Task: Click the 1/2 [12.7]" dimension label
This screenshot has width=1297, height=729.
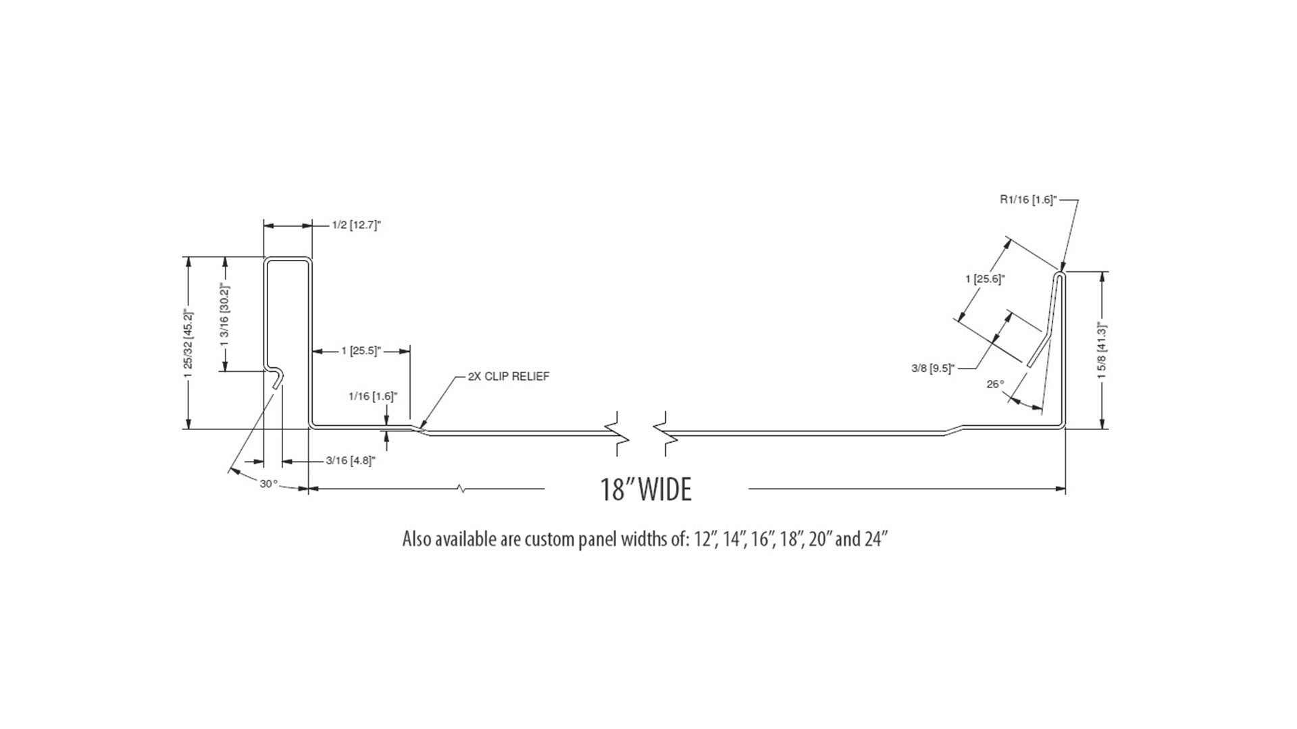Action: (357, 225)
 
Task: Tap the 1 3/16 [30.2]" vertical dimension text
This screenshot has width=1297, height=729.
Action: (226, 315)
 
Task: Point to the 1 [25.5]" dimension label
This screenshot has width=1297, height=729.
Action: (361, 350)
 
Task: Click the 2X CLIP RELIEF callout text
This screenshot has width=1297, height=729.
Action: (508, 376)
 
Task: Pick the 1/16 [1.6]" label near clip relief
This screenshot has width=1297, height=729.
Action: (372, 396)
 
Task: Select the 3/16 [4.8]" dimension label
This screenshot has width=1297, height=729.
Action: (351, 461)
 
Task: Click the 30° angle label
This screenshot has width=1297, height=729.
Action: (268, 484)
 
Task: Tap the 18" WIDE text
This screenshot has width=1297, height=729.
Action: (646, 489)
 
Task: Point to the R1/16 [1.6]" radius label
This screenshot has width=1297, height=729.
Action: (1028, 200)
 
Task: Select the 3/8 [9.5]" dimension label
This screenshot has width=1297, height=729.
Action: (932, 369)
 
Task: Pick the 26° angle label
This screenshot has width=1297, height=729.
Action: (995, 384)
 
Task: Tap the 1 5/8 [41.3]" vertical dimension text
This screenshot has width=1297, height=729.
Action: (1103, 351)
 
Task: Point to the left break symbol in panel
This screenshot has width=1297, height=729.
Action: (620, 432)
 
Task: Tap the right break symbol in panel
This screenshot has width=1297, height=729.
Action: (665, 432)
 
